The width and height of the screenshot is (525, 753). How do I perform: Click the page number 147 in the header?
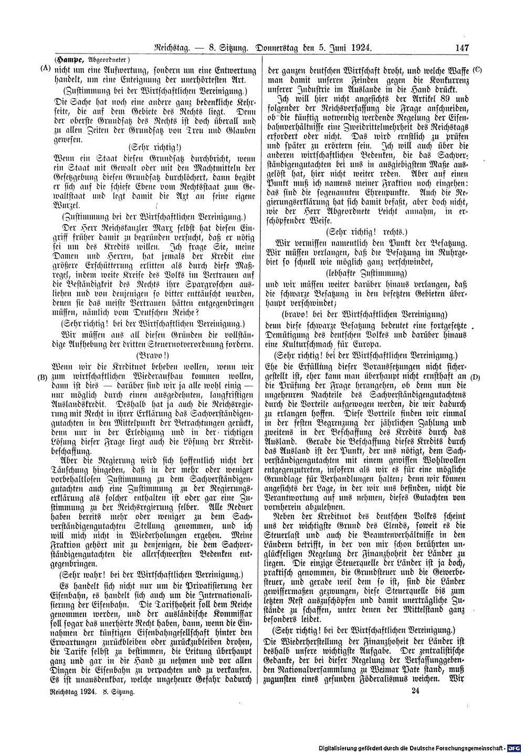pyautogui.click(x=461, y=48)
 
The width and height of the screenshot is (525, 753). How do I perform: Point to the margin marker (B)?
pyautogui.click(x=44, y=376)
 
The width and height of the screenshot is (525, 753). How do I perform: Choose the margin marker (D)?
pyautogui.click(x=476, y=376)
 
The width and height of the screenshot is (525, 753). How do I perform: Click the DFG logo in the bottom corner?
pyautogui.click(x=518, y=747)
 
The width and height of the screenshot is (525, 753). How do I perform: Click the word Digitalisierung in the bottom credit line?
pyautogui.click(x=342, y=747)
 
